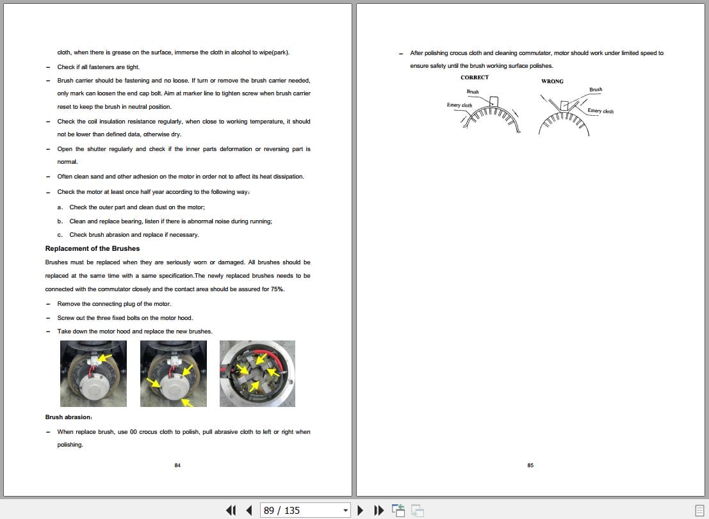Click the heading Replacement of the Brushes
(x=92, y=248)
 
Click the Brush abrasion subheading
(x=69, y=417)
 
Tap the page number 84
(x=177, y=465)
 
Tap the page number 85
(x=530, y=465)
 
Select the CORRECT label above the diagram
(x=475, y=77)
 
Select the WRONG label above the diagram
(x=552, y=81)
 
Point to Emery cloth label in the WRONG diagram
(x=601, y=111)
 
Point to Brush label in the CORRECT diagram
(x=473, y=92)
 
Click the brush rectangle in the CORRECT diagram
(x=494, y=102)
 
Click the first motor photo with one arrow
(x=94, y=374)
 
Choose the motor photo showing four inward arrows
(x=257, y=374)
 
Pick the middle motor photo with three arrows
(x=174, y=374)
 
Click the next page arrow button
(x=361, y=511)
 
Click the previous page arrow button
(x=249, y=511)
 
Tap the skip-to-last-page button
(x=379, y=511)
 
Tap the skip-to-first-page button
(x=231, y=511)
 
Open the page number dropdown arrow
(x=345, y=511)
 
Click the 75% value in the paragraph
(x=277, y=289)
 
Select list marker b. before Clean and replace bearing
(x=60, y=221)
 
